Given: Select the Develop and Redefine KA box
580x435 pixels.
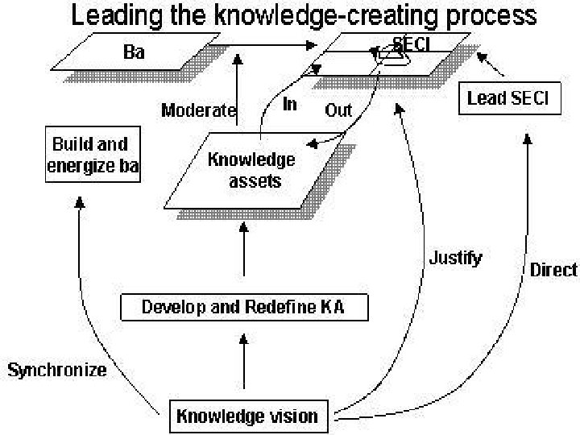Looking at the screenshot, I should pos(242,307).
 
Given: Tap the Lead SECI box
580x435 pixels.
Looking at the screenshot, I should pos(508,98).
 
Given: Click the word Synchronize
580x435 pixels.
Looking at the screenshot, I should pos(57,371).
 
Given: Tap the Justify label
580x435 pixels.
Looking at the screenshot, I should pos(455,258).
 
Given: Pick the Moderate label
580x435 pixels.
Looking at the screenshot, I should pos(198,110).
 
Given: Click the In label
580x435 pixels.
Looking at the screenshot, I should pos(290,105).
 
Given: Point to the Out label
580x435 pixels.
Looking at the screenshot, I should pos(338,110).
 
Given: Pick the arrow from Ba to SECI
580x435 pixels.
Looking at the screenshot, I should pos(266,46).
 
